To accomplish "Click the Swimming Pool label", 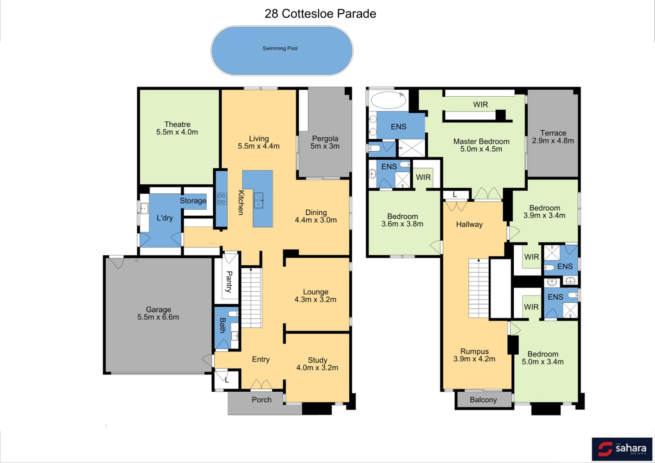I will tap(280, 48).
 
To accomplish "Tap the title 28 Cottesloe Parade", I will tap(320, 14).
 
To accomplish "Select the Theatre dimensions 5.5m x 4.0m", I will tap(177, 132).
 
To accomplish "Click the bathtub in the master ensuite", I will tap(388, 100).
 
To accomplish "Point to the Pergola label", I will tap(325, 138).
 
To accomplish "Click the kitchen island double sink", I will tap(258, 200).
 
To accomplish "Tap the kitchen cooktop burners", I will tap(221, 199).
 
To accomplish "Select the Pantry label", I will tap(229, 281).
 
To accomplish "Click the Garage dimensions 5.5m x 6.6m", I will tap(158, 317).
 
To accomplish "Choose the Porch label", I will tap(262, 399).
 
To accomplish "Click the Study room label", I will tap(317, 360).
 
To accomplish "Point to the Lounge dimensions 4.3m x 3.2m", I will tap(315, 300).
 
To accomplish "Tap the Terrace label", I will tap(553, 133).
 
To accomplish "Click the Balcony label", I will tap(483, 399).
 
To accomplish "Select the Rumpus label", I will tap(474, 351).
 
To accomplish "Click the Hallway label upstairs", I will tap(469, 224).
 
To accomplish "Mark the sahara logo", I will tap(622, 449).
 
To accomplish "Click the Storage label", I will tap(193, 201).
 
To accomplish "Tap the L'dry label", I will tap(165, 218).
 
